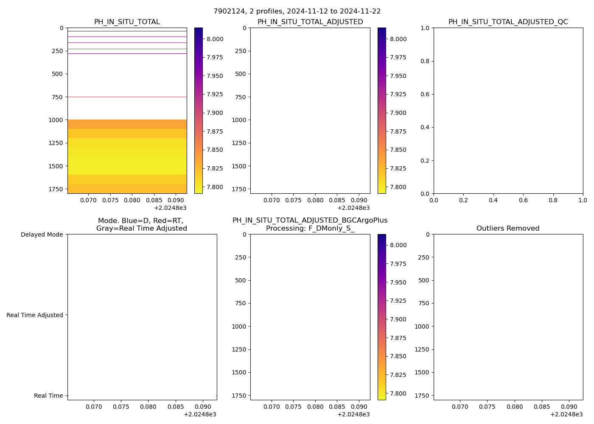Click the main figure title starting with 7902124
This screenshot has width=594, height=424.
coord(297,11)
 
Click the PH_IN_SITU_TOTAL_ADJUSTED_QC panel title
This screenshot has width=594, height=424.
coord(508,22)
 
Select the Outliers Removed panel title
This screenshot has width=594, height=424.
coord(508,229)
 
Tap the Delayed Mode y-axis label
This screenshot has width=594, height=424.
coord(42,234)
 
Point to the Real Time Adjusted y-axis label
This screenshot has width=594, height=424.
coord(35,315)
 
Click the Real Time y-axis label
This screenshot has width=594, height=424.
coord(48,396)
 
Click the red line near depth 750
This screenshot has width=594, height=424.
coord(127,97)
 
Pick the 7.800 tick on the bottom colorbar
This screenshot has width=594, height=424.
coord(398,393)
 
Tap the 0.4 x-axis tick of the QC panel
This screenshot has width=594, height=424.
coord(493,200)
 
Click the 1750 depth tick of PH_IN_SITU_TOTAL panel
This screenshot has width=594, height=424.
coord(56,189)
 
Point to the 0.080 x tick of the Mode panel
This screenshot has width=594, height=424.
coord(148,407)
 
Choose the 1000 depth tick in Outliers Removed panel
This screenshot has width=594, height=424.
coord(422,326)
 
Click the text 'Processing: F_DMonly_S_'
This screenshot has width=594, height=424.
coord(310,229)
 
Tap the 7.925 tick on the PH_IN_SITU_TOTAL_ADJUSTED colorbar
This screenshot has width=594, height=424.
coord(398,94)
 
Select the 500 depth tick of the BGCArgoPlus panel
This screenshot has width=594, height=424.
coord(241,280)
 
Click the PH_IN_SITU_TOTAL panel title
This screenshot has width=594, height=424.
coord(127,22)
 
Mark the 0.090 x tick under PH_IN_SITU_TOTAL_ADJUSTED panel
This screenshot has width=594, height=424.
coord(359,200)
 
